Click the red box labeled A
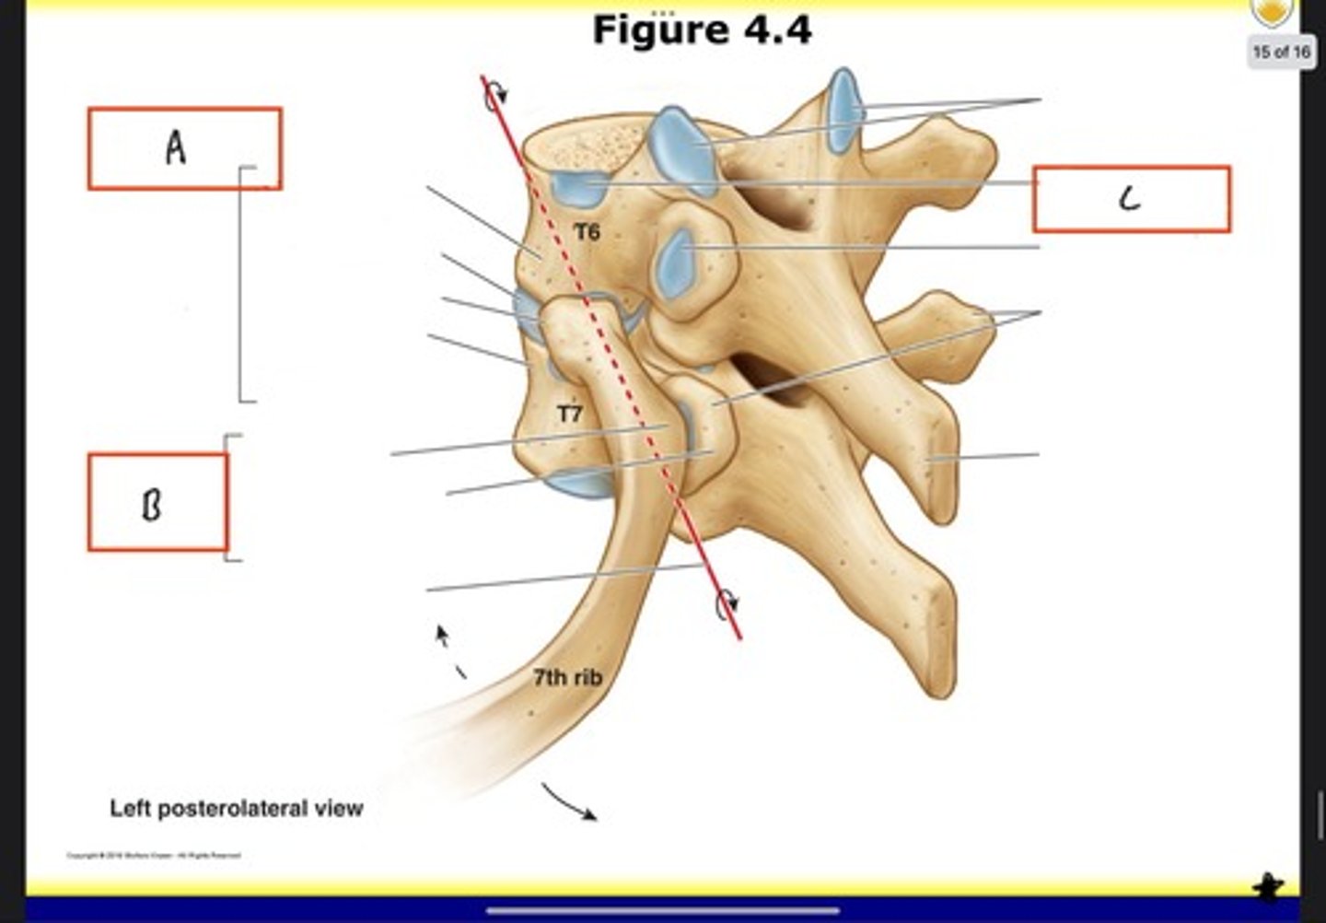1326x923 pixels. click(x=184, y=148)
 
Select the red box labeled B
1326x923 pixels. click(x=157, y=502)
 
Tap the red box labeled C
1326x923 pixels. click(x=1131, y=199)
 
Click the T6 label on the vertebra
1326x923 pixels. click(x=587, y=233)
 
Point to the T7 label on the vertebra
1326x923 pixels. click(x=570, y=415)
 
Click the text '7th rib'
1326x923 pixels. click(x=567, y=678)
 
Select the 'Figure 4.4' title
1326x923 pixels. click(x=702, y=29)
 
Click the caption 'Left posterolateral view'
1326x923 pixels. click(x=237, y=809)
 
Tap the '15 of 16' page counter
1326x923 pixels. click(x=1281, y=52)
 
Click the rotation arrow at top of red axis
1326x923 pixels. click(x=496, y=92)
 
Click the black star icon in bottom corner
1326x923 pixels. click(x=1268, y=886)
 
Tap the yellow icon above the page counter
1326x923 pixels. click(x=1274, y=12)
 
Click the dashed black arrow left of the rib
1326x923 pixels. click(x=450, y=652)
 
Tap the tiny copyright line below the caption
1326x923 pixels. click(x=153, y=856)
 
